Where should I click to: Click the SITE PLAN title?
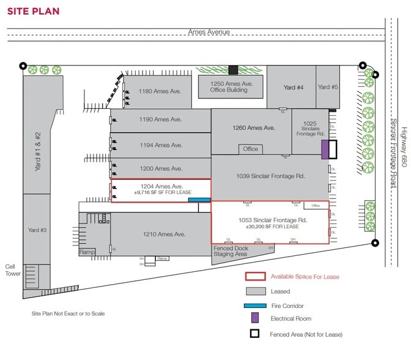pos(34,12)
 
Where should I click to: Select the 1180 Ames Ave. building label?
pos(160,91)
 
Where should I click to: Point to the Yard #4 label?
pos(293,88)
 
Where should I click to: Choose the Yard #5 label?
pos(328,88)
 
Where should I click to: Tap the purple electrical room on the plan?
pos(325,150)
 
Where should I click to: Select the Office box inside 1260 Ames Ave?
pos(250,149)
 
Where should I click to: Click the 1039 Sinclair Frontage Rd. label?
pos(270,176)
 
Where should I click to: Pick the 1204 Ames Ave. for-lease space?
pos(161,189)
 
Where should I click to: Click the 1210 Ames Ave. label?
pos(164,234)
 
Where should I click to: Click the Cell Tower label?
pos(11,270)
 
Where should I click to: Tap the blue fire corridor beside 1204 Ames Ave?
pos(199,200)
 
